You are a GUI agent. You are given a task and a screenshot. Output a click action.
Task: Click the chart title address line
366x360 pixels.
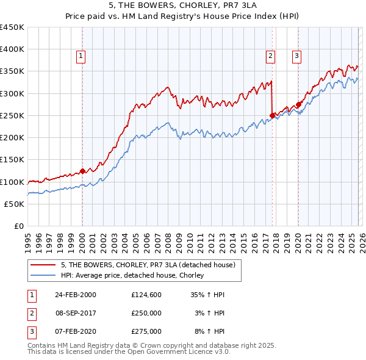[183, 5]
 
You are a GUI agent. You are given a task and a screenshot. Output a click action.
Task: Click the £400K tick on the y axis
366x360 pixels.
[12, 49]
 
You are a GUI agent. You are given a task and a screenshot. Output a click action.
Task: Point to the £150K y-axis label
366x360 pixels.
[12, 160]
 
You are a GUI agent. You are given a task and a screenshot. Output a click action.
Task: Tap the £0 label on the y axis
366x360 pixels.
[19, 226]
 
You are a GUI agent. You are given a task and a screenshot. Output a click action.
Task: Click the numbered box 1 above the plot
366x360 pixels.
[81, 56]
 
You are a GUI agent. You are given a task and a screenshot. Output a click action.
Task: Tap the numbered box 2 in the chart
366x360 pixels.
[270, 56]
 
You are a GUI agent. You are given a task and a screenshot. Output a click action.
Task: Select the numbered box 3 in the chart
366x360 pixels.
[296, 56]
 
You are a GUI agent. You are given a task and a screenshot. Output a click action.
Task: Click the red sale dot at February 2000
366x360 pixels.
[82, 171]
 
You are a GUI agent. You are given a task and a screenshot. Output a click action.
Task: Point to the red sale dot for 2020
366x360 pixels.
[298, 104]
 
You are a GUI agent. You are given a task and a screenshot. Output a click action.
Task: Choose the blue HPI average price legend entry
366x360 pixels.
[132, 275]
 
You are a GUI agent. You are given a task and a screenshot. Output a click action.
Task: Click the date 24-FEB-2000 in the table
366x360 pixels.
[76, 295]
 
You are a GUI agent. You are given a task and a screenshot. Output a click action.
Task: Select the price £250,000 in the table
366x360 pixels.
[146, 313]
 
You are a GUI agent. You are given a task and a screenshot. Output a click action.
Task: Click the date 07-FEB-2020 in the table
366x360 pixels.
[76, 331]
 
